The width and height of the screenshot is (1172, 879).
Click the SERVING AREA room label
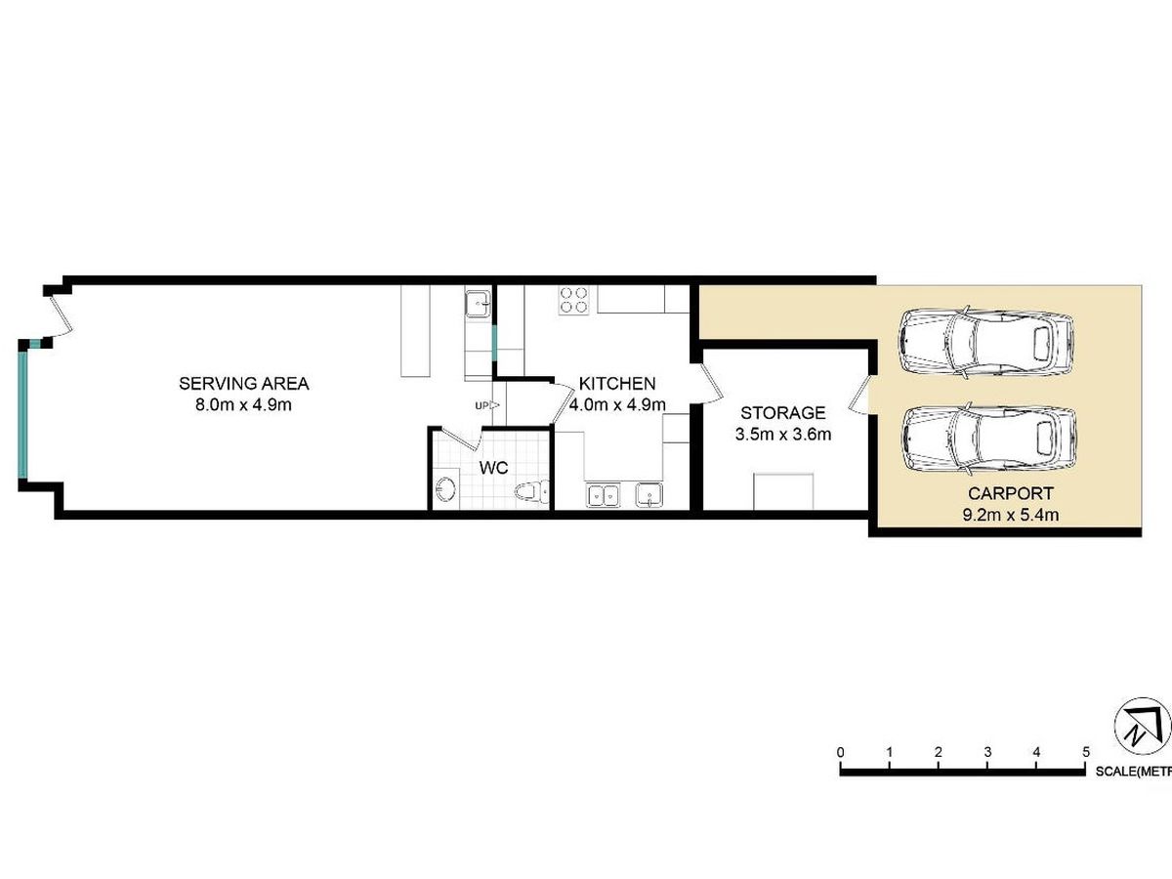pyautogui.click(x=243, y=382)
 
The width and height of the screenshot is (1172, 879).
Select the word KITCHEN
pyautogui.click(x=617, y=383)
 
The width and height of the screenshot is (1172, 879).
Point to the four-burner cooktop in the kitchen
pyautogui.click(x=573, y=299)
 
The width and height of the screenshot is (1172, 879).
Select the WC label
pyautogui.click(x=494, y=468)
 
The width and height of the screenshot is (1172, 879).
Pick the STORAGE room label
pyautogui.click(x=782, y=413)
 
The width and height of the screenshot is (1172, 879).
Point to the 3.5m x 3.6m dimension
pyautogui.click(x=782, y=435)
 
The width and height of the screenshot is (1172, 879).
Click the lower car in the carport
pyautogui.click(x=988, y=437)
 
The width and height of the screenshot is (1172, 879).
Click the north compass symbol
pyautogui.click(x=1140, y=728)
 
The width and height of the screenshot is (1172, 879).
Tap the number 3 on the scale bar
pyautogui.click(x=987, y=752)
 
